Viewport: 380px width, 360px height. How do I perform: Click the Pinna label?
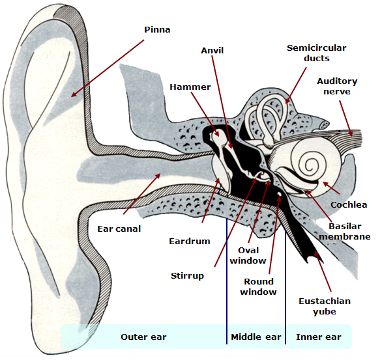pos(157,30)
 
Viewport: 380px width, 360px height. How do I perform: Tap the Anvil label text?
pos(212,51)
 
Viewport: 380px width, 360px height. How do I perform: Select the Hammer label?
pos(190,87)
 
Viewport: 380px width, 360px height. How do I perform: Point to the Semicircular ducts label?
pos(317,53)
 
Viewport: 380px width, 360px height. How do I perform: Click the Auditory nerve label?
pos(337,86)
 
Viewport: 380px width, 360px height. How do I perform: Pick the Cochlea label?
pos(349,205)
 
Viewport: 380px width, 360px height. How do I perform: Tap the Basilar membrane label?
pos(345,232)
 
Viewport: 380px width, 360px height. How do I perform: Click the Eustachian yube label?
pos(325,306)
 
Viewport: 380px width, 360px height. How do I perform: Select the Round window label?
pos(258,286)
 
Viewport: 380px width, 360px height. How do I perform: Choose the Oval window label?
pos(248,255)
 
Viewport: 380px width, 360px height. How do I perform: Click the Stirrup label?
pos(187,276)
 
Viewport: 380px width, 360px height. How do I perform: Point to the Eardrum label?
pos(190,242)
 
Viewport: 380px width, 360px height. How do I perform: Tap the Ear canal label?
pos(119,229)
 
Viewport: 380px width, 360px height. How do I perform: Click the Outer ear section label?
pos(143,337)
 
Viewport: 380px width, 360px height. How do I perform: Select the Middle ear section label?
pos(256,337)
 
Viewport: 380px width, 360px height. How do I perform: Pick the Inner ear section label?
pos(319,337)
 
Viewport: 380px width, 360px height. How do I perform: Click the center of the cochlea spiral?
pos(309,166)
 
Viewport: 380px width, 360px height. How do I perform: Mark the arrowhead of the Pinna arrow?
pos(74,94)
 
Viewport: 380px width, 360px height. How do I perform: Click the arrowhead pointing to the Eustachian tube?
pos(316,254)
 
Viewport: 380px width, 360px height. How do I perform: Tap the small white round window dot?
pos(279,194)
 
